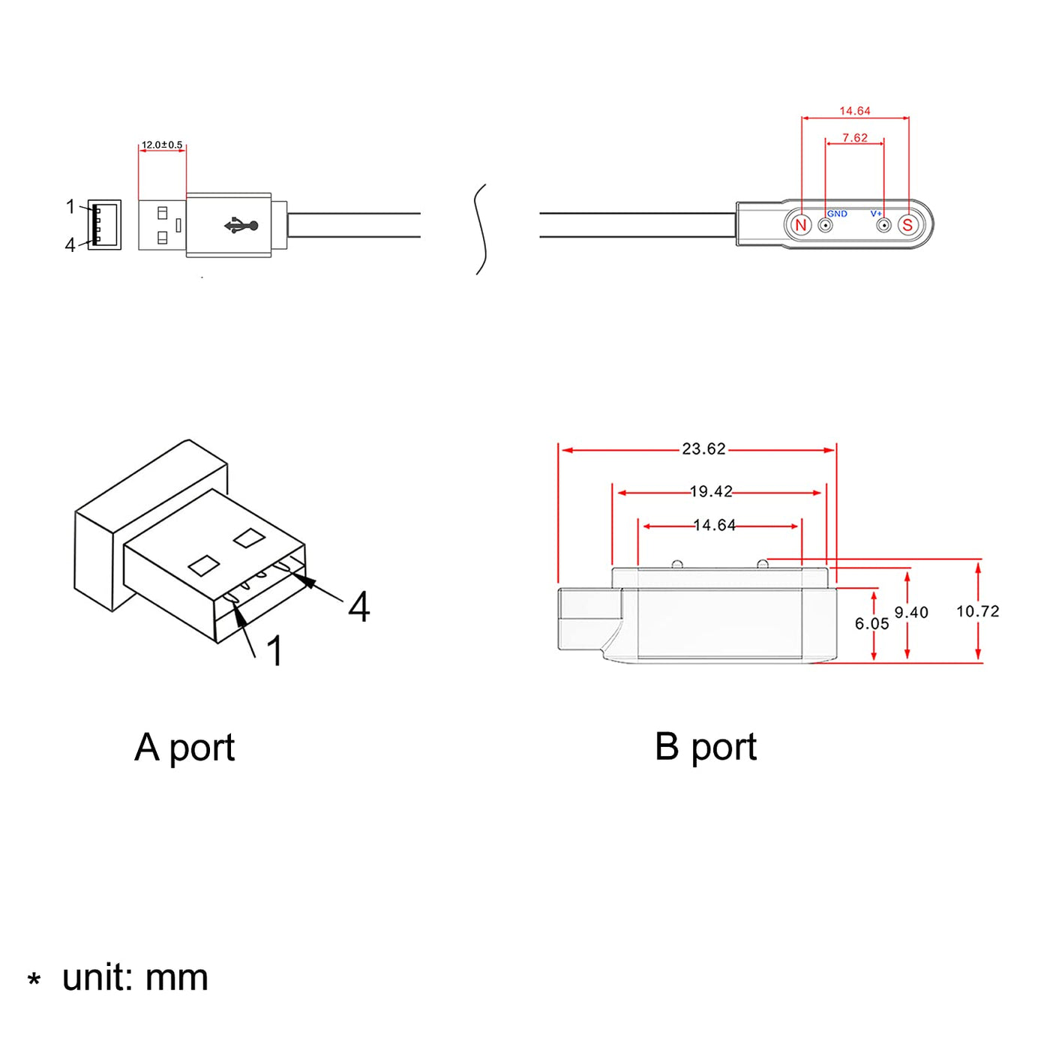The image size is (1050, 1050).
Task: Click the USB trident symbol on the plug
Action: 241,225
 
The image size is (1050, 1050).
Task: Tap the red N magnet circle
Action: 800,225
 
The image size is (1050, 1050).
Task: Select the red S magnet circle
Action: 907,225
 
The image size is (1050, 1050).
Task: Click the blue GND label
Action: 837,214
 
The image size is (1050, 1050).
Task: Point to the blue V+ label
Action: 875,214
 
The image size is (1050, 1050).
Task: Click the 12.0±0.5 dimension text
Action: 162,145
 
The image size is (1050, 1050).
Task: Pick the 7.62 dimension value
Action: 854,138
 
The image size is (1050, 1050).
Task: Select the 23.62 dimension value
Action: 703,449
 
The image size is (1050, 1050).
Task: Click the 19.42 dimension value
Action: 710,492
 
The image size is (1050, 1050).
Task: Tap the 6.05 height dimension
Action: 871,624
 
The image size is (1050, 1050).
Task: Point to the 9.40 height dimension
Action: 911,613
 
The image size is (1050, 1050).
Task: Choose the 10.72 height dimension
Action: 977,611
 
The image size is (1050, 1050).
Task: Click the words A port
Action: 184,748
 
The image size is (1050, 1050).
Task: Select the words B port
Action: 705,747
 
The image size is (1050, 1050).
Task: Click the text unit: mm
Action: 135,978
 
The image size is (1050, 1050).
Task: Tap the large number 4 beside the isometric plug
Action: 358,607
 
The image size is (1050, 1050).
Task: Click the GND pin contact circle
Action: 825,225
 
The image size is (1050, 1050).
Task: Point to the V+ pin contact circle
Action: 883,225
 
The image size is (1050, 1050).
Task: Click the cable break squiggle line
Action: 481,229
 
